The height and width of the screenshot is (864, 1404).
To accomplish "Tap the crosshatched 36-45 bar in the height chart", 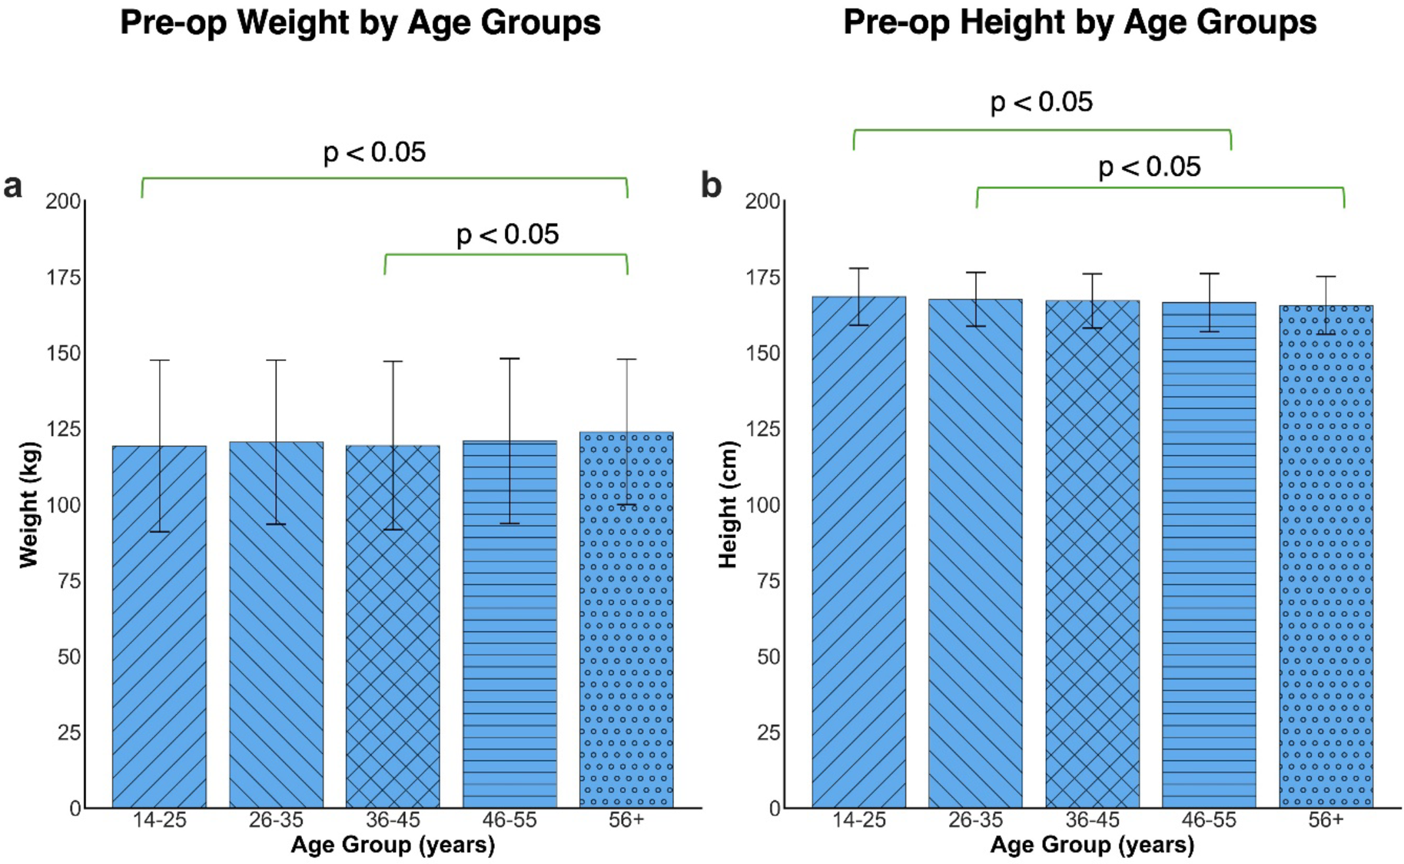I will (x=1092, y=553).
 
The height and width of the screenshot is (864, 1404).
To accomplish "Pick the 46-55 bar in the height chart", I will (x=1209, y=554).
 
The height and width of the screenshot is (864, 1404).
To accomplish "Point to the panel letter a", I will (x=13, y=186).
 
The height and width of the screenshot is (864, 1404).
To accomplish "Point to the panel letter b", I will (x=711, y=185).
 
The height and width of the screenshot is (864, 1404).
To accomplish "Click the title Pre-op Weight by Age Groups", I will (x=360, y=22).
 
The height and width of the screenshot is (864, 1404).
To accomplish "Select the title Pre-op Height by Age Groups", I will (x=1080, y=22).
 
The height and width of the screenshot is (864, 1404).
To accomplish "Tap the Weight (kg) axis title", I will (x=28, y=504).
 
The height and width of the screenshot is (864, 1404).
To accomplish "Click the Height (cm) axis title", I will (x=728, y=504).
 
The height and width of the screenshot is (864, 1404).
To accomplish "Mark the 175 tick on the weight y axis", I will (x=63, y=277).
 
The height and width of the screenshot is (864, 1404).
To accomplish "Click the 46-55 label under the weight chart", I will (x=509, y=820).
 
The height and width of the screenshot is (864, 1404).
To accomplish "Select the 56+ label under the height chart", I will (x=1326, y=820).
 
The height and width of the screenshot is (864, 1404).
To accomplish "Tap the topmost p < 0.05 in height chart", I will (x=1041, y=102).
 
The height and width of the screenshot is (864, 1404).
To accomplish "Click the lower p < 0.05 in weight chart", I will (x=507, y=234).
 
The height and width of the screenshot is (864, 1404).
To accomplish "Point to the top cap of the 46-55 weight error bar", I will (x=509, y=359).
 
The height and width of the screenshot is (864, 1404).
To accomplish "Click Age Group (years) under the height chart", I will (x=1092, y=845).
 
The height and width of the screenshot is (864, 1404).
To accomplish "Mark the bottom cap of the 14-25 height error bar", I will (x=858, y=325).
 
